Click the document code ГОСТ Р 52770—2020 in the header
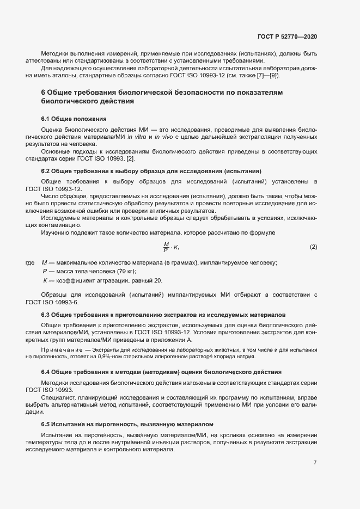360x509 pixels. [x=286, y=36]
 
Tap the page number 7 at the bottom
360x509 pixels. [x=315, y=463]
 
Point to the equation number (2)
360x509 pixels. [x=313, y=247]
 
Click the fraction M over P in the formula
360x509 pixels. [x=166, y=247]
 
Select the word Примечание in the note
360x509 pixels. [x=59, y=349]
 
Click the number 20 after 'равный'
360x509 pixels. [x=158, y=280]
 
